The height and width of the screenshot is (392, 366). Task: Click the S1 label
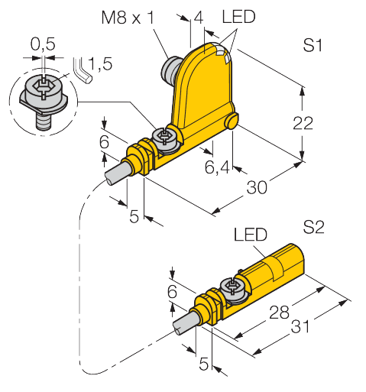pos(312,46)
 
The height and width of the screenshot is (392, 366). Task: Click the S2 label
pos(313,227)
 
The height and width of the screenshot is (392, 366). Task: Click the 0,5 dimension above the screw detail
pos(42,47)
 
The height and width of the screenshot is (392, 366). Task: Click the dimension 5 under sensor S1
pos(134,216)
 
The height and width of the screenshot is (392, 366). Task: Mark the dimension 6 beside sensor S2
pos(170,292)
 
